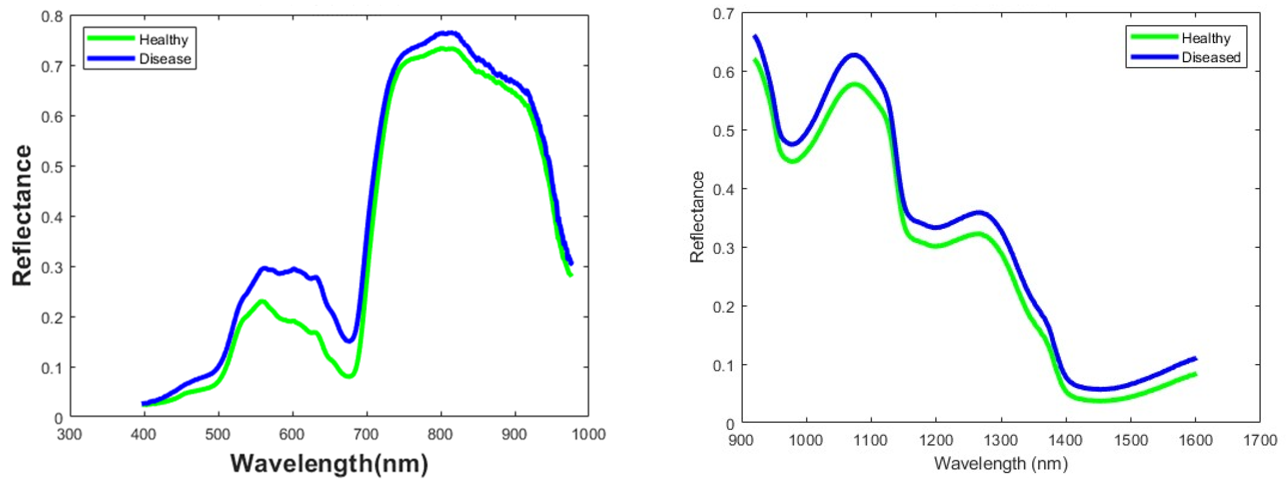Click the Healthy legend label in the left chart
pos(163,39)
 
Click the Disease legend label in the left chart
pos(165,59)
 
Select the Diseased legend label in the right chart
pos(1211,58)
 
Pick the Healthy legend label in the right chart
pos(1205,38)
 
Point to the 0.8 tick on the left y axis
pos(52,17)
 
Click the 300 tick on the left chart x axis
pos(69,434)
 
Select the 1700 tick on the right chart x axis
pos(1260,440)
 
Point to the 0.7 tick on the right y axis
pos(724,14)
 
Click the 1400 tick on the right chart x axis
pos(1066,440)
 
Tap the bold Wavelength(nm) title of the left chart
pos(329,463)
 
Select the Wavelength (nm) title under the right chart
pos(1001,463)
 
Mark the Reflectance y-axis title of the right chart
pos(697,217)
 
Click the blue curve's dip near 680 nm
pos(349,340)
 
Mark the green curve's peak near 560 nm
pos(261,302)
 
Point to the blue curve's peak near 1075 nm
pos(854,55)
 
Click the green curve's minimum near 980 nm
pos(793,161)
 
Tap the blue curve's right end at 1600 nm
pos(1195,358)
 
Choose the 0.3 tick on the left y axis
pos(52,267)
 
